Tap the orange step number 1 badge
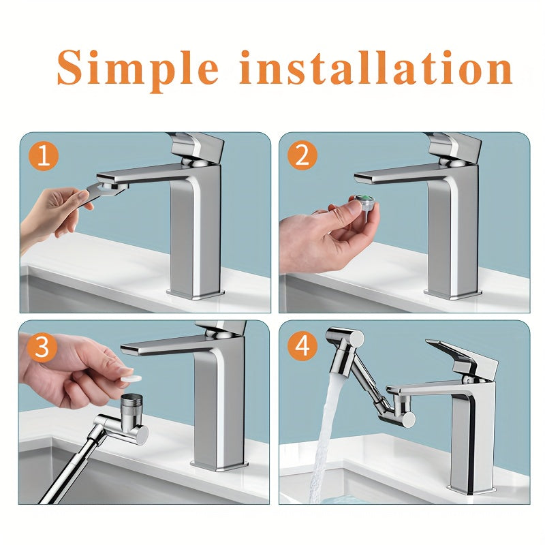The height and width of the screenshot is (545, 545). click(x=44, y=157)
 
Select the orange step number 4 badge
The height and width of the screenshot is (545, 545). click(x=302, y=346)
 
